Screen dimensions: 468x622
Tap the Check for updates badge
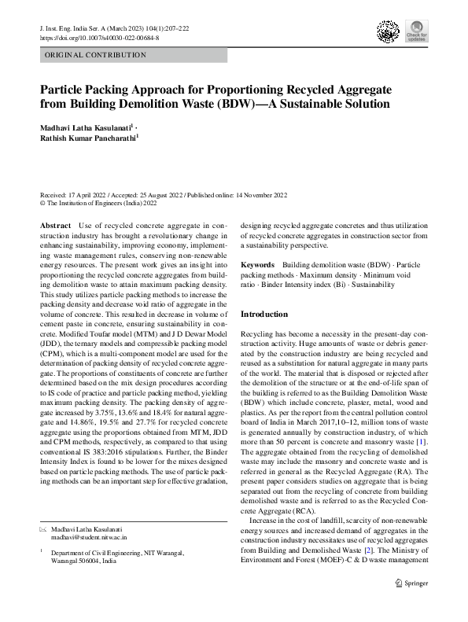pos(416,32)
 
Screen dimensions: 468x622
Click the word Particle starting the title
pos(64,89)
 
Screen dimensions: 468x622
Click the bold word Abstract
pos(55,226)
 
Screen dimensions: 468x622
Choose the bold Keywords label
pos(257,266)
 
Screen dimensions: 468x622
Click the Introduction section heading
pos(264,314)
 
